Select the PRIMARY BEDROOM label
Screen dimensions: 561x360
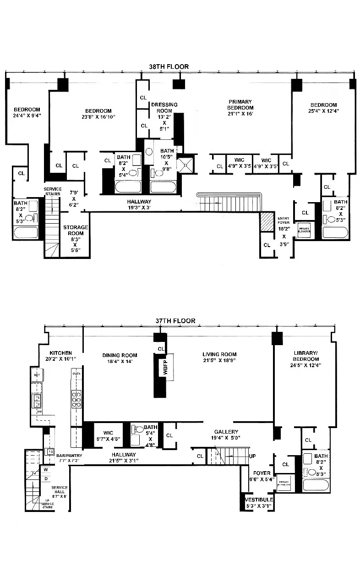click(x=241, y=104)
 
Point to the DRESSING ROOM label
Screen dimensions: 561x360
click(x=164, y=108)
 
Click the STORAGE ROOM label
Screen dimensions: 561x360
click(x=76, y=230)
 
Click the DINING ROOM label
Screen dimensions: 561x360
click(x=119, y=355)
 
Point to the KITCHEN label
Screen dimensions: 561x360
click(x=61, y=352)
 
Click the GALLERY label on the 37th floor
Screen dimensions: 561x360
click(x=226, y=432)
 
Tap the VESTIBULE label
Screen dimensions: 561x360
click(x=259, y=499)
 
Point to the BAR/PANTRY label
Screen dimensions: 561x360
click(x=69, y=456)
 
